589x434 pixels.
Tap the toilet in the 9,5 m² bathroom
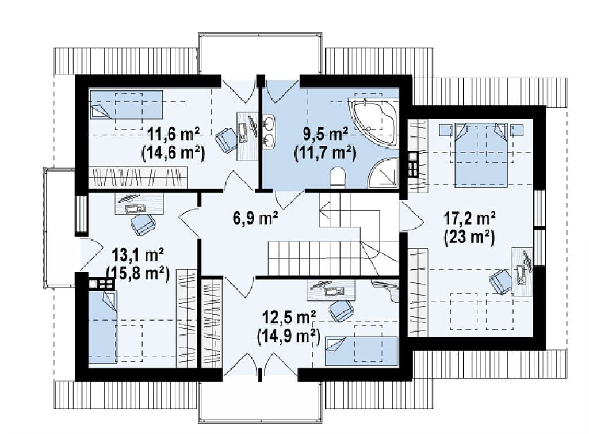(x=338, y=177)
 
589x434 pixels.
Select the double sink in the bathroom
(x=269, y=131)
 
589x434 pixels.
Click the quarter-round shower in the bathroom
(x=383, y=173)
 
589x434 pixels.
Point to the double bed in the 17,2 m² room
(x=481, y=154)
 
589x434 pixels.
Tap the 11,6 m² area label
(x=174, y=134)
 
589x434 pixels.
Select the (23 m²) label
(x=469, y=238)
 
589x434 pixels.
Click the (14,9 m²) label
(x=288, y=337)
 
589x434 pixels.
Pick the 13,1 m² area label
(x=137, y=256)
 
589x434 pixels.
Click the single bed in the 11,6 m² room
(x=126, y=104)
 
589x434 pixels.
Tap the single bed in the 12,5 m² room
(x=361, y=351)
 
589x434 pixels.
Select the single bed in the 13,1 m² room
(x=102, y=327)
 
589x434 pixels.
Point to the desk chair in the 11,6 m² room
(x=227, y=139)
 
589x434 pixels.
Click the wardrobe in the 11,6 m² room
(x=137, y=177)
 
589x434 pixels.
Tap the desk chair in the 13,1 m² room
(x=143, y=224)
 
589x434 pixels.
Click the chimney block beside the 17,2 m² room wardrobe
(x=413, y=165)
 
